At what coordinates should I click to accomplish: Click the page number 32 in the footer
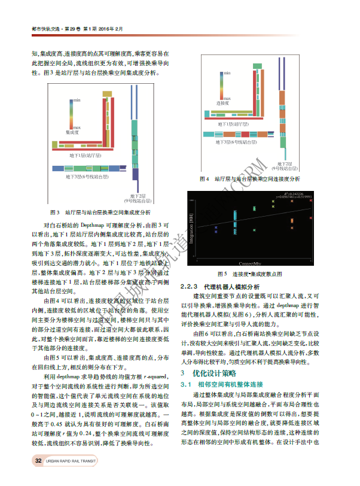click(x=38, y=460)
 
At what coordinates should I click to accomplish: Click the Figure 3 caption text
click(x=99, y=212)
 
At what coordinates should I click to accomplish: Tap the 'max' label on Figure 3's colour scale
click(x=77, y=127)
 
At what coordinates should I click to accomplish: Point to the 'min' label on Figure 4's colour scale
click(x=227, y=73)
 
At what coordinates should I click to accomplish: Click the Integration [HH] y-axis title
click(x=192, y=229)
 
